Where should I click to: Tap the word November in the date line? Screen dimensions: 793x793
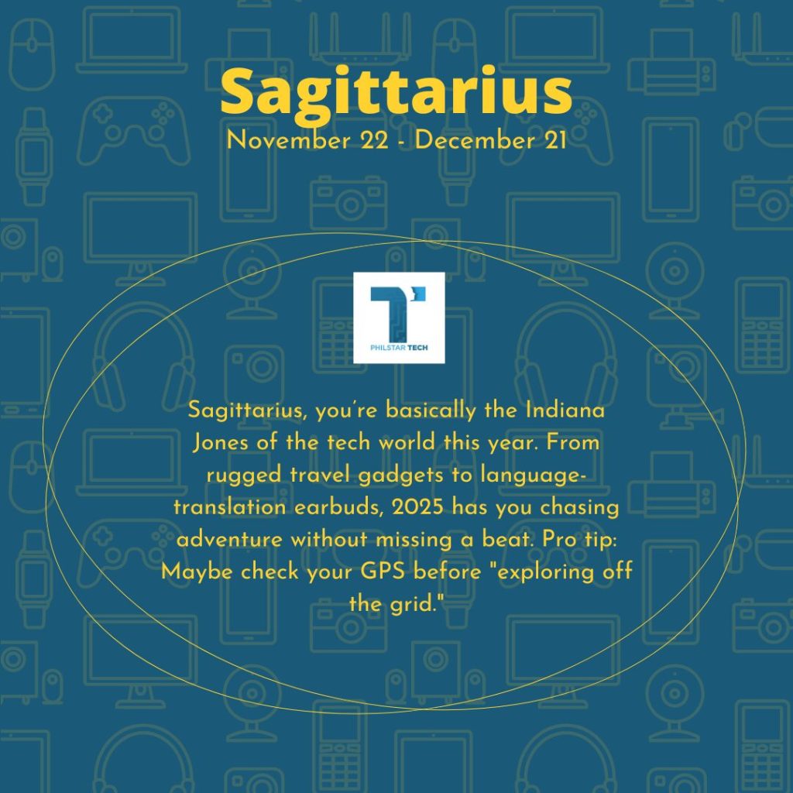[288, 140]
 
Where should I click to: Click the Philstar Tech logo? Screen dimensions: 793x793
[399, 318]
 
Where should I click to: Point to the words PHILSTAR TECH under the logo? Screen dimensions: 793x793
[399, 348]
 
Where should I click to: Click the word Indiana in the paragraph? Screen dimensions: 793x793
[565, 410]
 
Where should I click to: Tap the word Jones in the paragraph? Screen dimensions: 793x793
[221, 442]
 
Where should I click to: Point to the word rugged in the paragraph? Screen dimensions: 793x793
[244, 476]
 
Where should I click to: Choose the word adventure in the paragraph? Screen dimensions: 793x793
[229, 539]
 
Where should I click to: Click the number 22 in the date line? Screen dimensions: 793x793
[375, 140]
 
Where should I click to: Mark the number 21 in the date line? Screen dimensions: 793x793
[555, 140]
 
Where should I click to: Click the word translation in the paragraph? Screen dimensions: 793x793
[229, 506]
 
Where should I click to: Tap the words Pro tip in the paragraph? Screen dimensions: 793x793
[579, 540]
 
